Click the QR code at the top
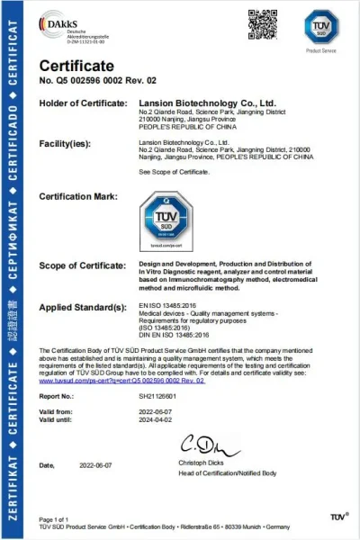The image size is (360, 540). (x=260, y=22)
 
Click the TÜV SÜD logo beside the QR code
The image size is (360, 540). (x=320, y=25)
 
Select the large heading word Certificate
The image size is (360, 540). (x=76, y=66)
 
